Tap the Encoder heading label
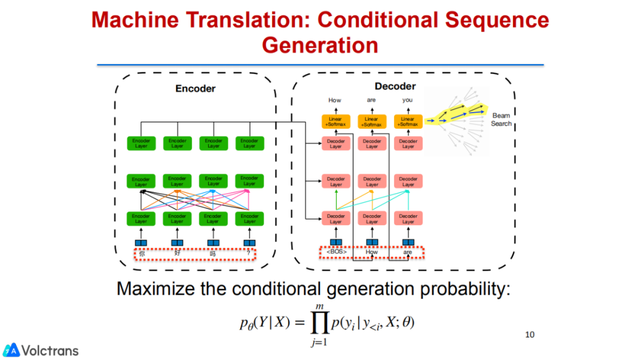(x=195, y=88)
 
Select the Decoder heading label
(x=395, y=87)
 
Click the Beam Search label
(x=502, y=119)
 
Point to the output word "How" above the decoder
(x=335, y=100)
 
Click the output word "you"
(x=407, y=100)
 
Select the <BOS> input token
(x=337, y=253)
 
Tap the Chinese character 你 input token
(x=141, y=254)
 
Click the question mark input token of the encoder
(x=249, y=254)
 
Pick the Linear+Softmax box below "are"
(x=372, y=122)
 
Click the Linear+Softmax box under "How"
(x=335, y=122)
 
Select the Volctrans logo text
(x=50, y=351)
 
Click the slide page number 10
(x=530, y=334)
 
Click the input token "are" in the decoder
(x=408, y=253)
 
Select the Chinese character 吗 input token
(x=213, y=254)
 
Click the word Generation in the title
(x=320, y=45)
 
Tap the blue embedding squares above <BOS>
(x=336, y=242)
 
